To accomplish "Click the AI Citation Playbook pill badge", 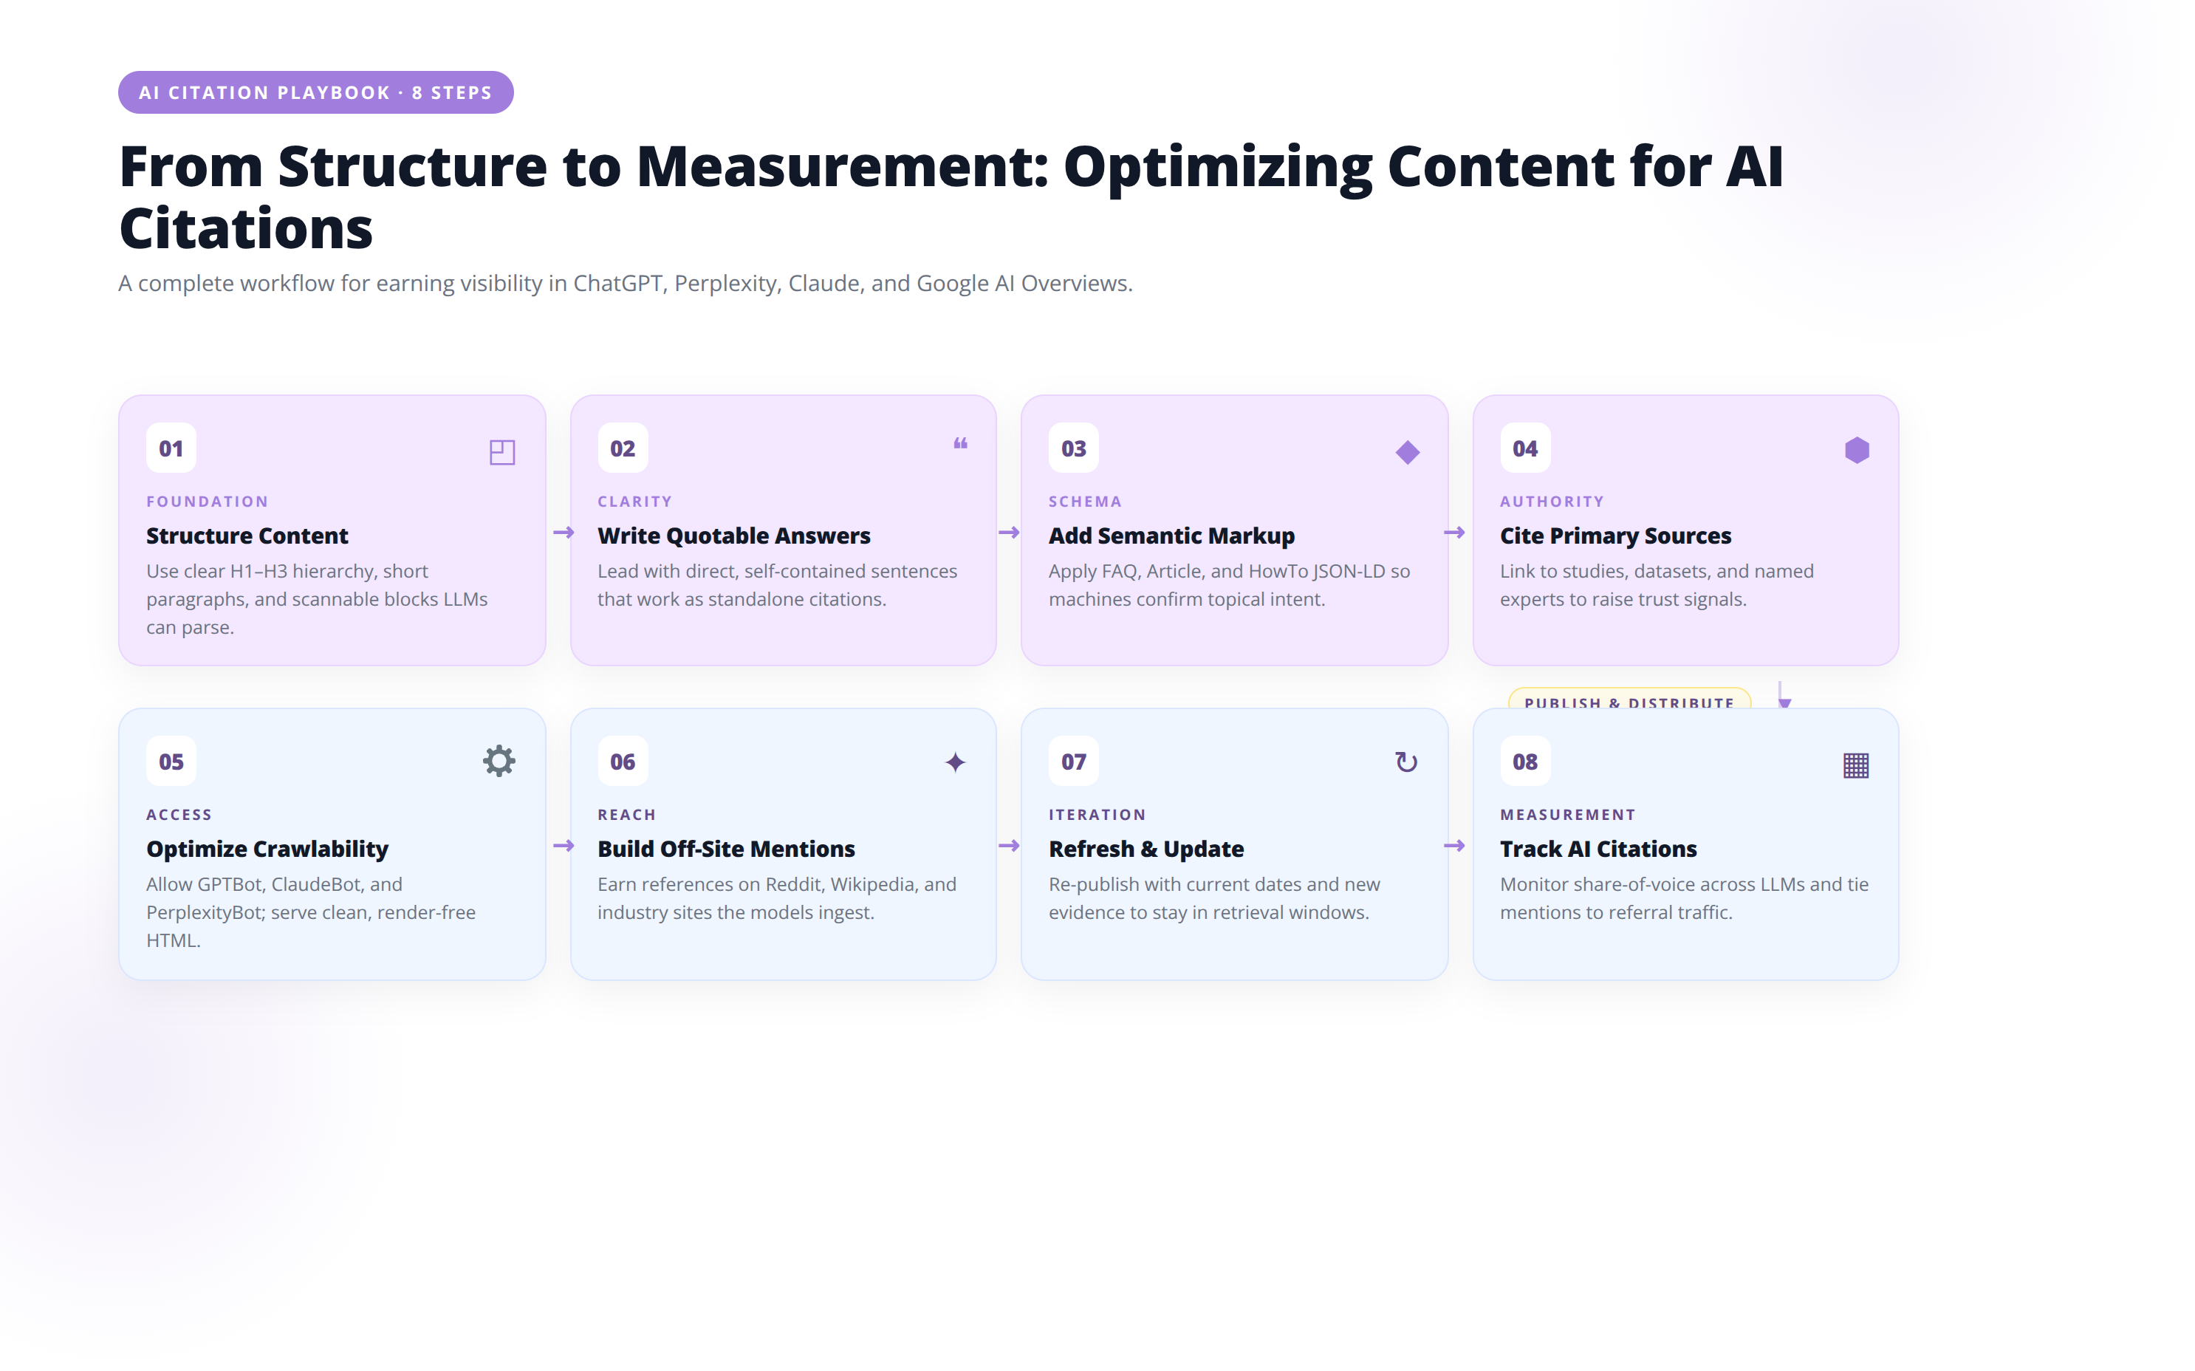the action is pos(315,92).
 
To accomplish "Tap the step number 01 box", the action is pos(171,448).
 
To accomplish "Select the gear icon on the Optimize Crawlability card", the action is pos(499,761).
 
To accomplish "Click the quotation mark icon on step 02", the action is pos(960,443).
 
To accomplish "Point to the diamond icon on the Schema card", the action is pos(1407,451).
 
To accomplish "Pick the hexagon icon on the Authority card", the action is pos(1857,451).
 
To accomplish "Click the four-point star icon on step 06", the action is pos(955,762).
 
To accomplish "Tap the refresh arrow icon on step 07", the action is pos(1406,762).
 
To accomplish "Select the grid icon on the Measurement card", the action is pos(1856,765).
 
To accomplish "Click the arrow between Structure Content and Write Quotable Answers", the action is pos(563,533).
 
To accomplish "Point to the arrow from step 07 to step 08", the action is pos(1454,846).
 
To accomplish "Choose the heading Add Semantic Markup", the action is pos(1171,536).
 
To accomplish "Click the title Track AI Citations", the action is pos(1598,849).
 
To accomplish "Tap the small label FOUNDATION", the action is pos(208,502).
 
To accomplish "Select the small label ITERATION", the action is pos(1097,814).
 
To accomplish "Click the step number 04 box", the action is pos(1525,448).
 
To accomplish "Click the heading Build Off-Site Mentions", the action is pos(726,849).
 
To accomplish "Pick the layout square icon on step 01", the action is pos(502,451).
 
